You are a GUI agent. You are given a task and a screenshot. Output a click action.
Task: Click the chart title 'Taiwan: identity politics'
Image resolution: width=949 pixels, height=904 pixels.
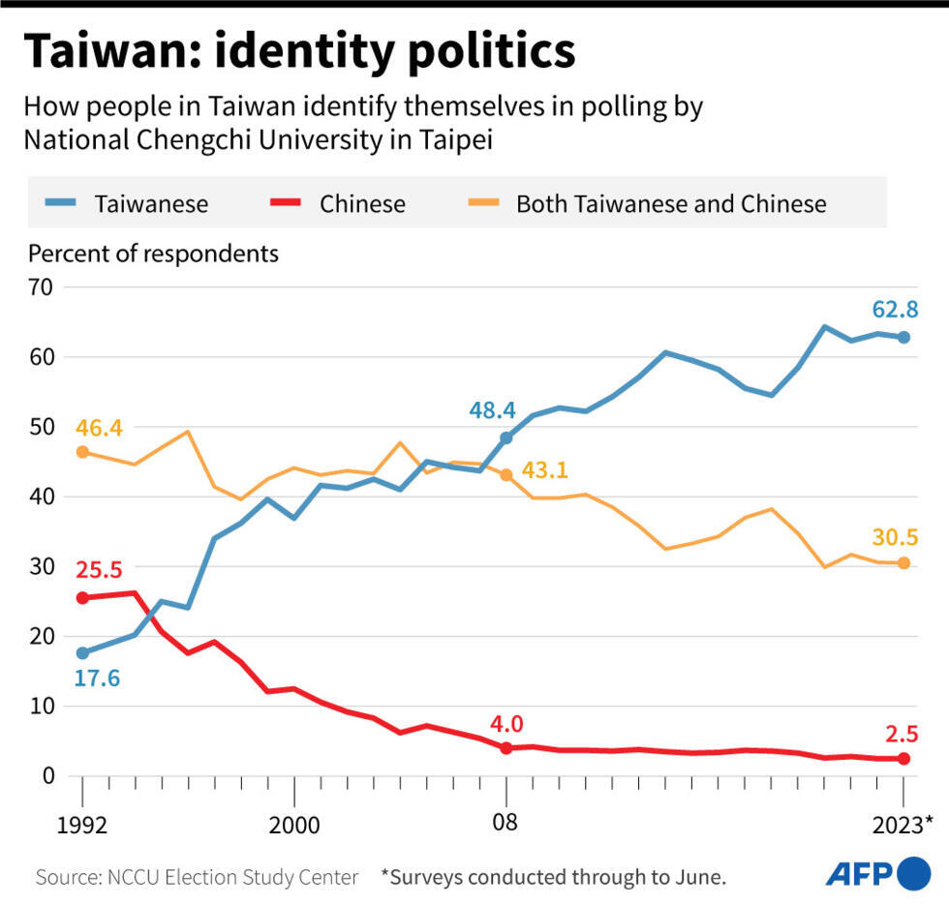[x=299, y=51]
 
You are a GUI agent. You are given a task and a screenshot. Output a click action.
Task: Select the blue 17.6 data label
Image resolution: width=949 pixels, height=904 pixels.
[x=96, y=678]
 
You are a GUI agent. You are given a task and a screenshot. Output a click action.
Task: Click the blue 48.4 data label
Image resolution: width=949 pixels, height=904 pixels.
[x=491, y=410]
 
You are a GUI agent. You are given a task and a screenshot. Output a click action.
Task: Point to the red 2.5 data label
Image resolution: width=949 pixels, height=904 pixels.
[x=901, y=733]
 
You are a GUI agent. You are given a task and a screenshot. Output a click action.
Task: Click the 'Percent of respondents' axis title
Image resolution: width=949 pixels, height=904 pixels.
[x=153, y=254]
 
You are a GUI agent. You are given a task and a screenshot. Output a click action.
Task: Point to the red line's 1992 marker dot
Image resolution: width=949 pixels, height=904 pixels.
[x=82, y=598]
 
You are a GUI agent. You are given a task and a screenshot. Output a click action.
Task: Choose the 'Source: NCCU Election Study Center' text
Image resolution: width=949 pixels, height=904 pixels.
[x=197, y=877]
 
